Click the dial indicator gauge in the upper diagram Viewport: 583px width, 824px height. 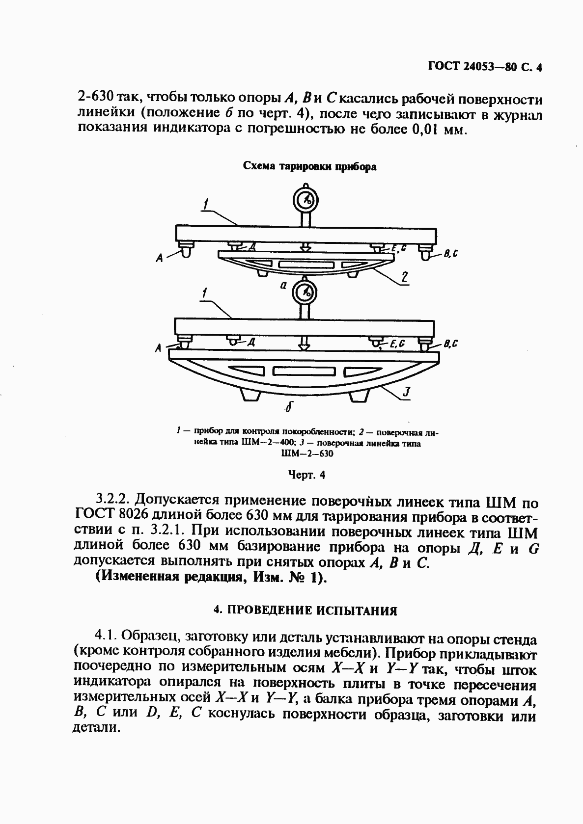[x=306, y=200]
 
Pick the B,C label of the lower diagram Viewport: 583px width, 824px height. [x=451, y=344]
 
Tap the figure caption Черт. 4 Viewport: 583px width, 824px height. [x=305, y=475]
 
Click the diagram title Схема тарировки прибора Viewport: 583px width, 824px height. [x=310, y=166]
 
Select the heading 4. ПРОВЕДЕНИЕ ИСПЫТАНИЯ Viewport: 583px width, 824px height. [x=305, y=611]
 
